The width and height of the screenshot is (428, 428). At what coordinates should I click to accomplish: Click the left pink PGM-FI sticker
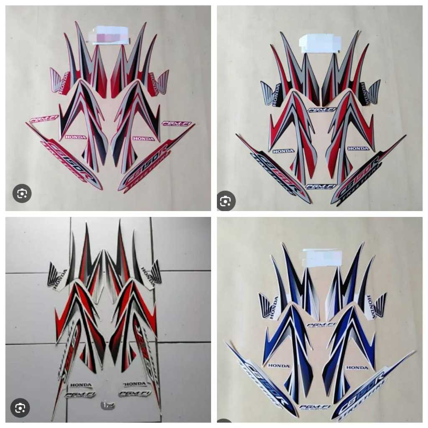point(44,119)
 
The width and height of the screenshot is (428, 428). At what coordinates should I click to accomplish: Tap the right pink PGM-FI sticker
point(176,124)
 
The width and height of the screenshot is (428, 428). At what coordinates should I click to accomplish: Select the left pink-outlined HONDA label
point(76,137)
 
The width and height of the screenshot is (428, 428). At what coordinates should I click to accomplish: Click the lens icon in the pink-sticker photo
point(22,194)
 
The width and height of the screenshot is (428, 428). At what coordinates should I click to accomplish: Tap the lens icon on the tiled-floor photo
point(20,408)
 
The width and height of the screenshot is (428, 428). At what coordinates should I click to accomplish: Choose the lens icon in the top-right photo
point(226,201)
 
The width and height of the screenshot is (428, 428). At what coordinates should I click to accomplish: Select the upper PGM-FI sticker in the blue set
point(321,324)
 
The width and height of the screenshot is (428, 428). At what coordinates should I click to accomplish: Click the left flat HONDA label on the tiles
point(81,385)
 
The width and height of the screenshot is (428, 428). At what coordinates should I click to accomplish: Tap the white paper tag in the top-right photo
point(320,43)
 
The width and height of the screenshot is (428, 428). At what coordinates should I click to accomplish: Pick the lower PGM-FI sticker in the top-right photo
point(321,187)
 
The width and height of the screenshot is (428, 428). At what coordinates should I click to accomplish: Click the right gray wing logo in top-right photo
point(374,93)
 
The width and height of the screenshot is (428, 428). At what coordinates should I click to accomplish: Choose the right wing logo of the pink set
point(162,82)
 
